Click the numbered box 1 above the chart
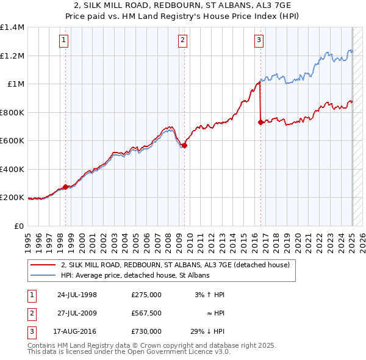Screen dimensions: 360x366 click(65, 41)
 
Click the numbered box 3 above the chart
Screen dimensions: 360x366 click(259, 41)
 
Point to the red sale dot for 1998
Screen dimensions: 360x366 click(66, 187)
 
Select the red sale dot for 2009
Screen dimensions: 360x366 click(184, 145)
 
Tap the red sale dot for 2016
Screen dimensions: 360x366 click(260, 122)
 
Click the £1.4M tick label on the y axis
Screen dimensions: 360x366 click(12, 27)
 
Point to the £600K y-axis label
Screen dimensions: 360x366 click(12, 141)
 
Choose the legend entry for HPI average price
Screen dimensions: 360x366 click(135, 275)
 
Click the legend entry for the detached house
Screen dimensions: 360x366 click(179, 265)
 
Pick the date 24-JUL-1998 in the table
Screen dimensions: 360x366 click(77, 295)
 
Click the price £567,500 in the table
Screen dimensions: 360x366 click(146, 313)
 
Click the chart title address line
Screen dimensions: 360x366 click(183, 6)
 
